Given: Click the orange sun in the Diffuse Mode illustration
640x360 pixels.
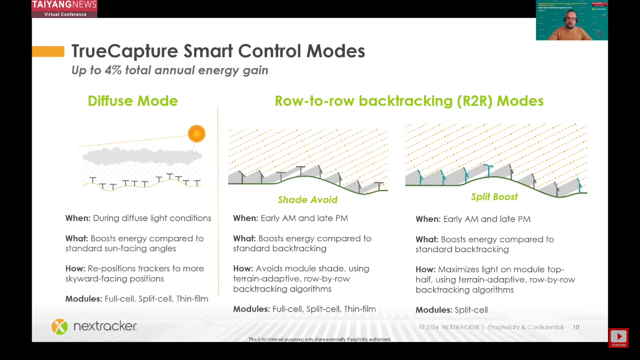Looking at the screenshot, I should [196, 134].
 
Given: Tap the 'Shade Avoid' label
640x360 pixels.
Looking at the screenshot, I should [307, 200].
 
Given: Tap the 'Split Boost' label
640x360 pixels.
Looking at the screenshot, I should [494, 197].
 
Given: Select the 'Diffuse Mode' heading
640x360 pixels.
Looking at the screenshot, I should [133, 101].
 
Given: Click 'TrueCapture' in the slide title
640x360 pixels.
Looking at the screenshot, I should [125, 51].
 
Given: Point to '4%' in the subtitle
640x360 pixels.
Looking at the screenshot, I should [113, 70].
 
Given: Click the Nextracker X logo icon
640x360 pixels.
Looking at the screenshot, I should [60, 326].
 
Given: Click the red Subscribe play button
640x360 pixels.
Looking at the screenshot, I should [618, 337].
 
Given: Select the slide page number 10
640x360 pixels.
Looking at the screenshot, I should [576, 327].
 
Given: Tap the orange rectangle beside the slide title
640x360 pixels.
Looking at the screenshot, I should [48, 51].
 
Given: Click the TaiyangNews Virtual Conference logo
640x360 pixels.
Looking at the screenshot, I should [64, 9].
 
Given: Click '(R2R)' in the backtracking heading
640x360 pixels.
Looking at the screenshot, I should [474, 101].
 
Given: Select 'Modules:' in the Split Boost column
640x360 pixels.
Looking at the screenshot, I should [434, 310].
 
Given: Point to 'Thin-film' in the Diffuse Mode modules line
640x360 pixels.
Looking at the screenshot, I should [192, 299].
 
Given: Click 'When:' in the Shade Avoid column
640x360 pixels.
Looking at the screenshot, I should [246, 218].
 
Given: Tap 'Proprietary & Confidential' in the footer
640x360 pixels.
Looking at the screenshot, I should [525, 327].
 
